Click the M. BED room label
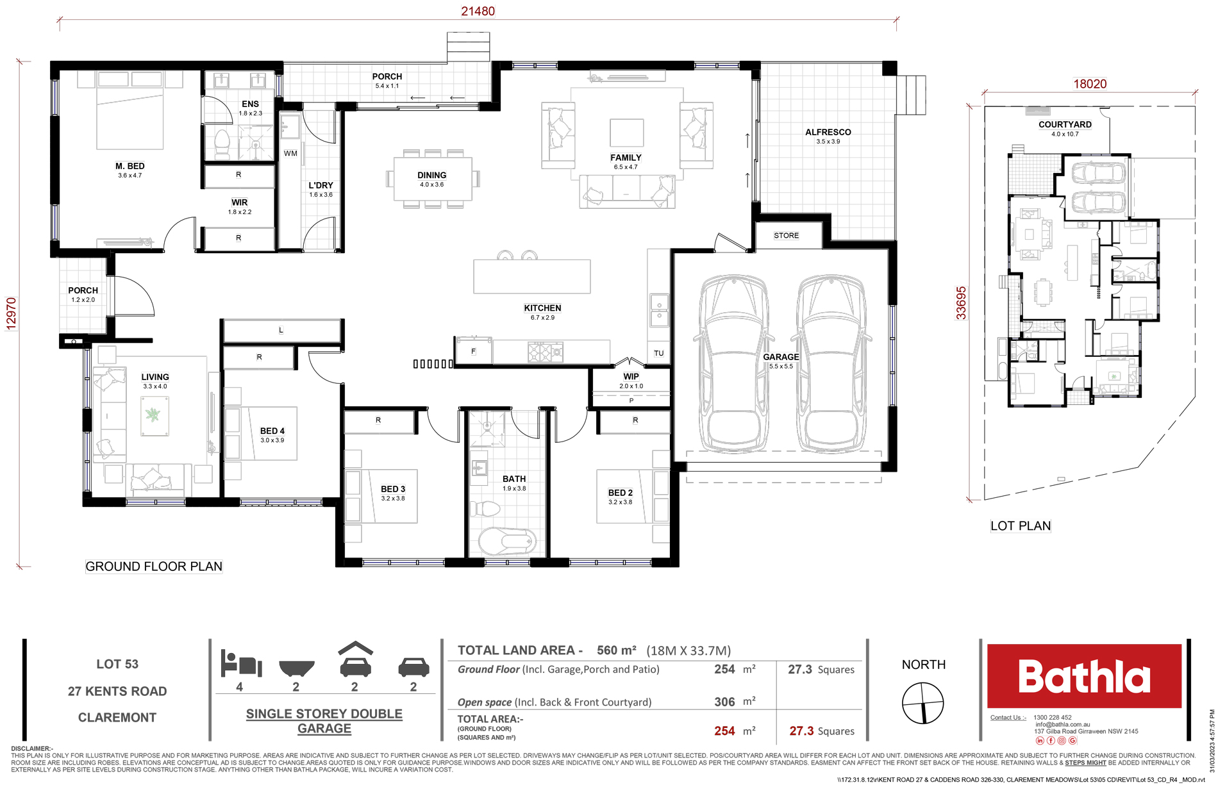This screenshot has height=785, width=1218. [130, 166]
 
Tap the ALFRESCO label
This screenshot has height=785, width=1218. [828, 132]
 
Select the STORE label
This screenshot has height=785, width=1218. [787, 236]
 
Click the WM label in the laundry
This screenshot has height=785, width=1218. [290, 153]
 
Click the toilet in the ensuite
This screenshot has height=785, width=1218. [222, 144]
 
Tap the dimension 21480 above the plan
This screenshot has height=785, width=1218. [478, 11]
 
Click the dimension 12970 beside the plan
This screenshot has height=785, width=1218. [11, 313]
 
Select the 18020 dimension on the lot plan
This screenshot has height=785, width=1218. [1090, 84]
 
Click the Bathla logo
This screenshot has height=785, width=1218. [1084, 676]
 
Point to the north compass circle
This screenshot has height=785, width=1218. [923, 703]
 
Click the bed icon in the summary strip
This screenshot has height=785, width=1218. [241, 663]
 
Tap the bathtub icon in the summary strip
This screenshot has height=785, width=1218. [297, 668]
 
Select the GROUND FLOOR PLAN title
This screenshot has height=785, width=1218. [154, 566]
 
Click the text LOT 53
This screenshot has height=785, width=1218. [117, 664]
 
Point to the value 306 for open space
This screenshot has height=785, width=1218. [724, 702]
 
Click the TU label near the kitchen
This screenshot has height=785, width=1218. [659, 353]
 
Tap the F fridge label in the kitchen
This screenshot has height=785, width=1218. [473, 351]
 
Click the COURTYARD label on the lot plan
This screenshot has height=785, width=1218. [1065, 124]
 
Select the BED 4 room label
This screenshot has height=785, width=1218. [272, 431]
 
